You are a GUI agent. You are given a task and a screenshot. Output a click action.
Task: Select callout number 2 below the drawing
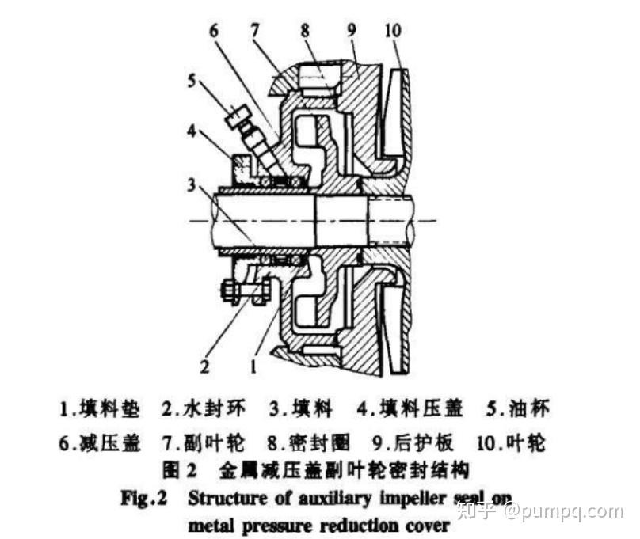(204, 366)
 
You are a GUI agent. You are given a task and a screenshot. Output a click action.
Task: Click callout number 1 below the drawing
(254, 366)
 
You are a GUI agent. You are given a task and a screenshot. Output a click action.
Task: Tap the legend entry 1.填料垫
(100, 410)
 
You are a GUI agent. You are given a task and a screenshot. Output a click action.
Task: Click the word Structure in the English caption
(224, 499)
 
